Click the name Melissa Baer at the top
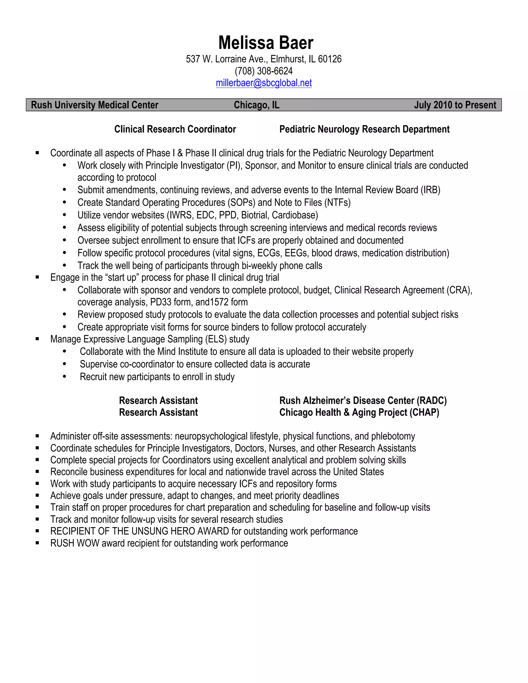pos(266,43)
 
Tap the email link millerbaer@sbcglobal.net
pos(264,83)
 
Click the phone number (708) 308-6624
pos(264,71)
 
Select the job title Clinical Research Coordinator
pos(175,129)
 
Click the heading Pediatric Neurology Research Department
pos(364,129)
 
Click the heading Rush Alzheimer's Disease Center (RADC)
pos(363,401)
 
